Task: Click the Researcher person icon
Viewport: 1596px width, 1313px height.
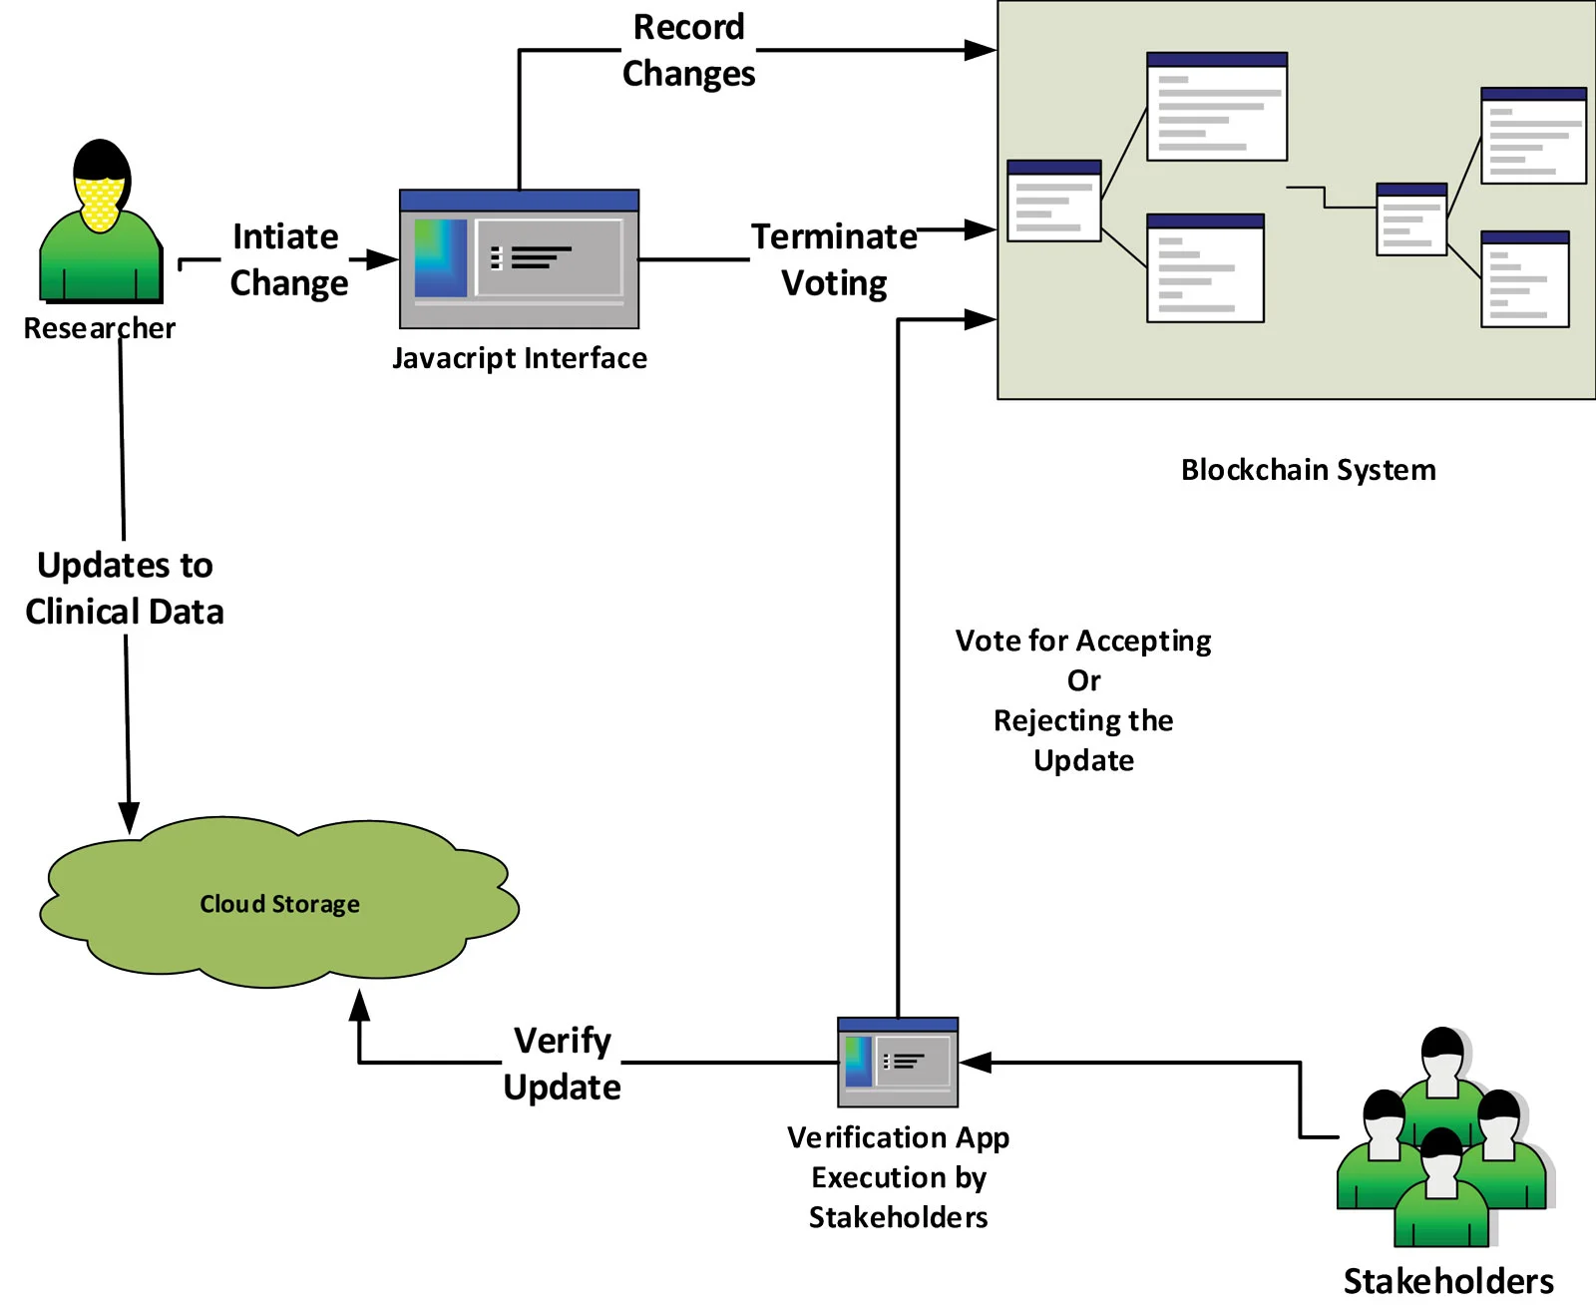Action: click(x=101, y=220)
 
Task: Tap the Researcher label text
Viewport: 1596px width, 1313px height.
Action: click(x=99, y=328)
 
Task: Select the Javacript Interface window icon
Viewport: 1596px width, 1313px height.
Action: click(x=519, y=258)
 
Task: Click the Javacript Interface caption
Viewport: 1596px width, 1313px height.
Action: click(x=520, y=359)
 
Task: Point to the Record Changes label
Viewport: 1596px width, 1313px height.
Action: click(x=688, y=51)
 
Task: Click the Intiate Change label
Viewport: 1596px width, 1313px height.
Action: click(x=288, y=259)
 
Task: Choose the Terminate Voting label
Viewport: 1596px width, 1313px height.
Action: click(x=834, y=259)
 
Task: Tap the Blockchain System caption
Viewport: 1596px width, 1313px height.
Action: click(x=1309, y=470)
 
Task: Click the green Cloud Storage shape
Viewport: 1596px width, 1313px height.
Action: click(x=279, y=901)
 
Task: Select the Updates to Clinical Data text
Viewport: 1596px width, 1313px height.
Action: click(x=125, y=588)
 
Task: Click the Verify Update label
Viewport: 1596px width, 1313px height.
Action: click(x=562, y=1064)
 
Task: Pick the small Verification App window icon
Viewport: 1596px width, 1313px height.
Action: click(x=898, y=1062)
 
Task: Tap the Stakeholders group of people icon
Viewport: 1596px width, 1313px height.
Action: click(x=1445, y=1136)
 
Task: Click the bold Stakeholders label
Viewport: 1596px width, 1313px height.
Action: click(x=1448, y=1281)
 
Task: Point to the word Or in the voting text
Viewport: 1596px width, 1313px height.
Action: click(x=1083, y=680)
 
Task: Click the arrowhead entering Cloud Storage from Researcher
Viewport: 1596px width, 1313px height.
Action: click(x=129, y=818)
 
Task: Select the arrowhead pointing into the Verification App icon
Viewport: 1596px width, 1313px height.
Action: click(x=976, y=1063)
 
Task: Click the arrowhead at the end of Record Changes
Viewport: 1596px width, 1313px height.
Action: click(x=981, y=50)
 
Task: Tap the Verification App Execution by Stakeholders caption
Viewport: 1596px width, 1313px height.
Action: click(x=899, y=1176)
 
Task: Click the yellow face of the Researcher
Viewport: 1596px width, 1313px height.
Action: click(x=99, y=203)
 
